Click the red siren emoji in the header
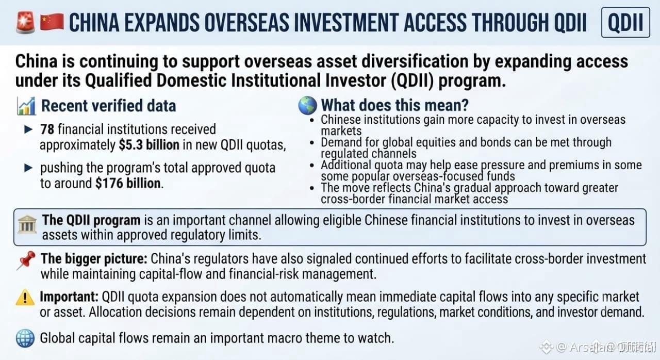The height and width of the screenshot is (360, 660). (25, 22)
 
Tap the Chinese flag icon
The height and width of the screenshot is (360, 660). (52, 22)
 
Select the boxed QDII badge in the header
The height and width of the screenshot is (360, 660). (625, 22)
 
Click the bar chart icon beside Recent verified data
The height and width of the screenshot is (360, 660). (26, 106)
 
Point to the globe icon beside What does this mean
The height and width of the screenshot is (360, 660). (307, 105)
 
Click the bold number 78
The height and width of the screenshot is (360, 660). (47, 129)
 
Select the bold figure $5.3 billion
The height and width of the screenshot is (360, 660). (149, 145)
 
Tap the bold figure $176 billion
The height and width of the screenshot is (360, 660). (128, 183)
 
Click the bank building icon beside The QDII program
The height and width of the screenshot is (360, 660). (27, 224)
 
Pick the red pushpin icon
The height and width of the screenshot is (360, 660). (26, 260)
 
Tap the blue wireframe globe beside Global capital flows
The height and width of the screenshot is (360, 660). (25, 338)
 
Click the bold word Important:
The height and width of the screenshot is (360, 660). (69, 297)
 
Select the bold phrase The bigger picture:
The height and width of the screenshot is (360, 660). (94, 259)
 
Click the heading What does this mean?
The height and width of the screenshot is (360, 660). (395, 105)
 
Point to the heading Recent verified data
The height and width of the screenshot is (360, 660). (109, 106)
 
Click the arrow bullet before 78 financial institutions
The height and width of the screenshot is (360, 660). (28, 129)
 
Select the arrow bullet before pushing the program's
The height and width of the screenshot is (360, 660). (28, 168)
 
